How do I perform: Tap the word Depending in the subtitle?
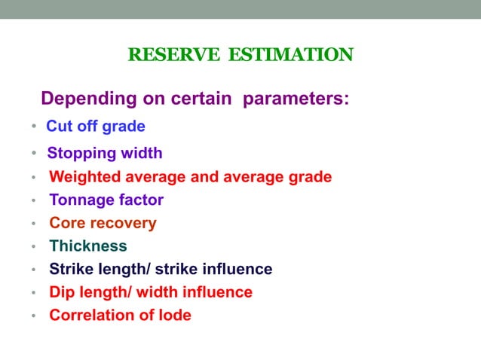[x=86, y=99]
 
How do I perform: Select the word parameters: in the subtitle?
[x=296, y=99]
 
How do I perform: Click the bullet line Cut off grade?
[x=96, y=126]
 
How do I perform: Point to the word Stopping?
[x=79, y=154]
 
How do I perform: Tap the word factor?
[x=139, y=200]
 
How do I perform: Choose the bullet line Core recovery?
[x=103, y=224]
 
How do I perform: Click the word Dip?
[x=62, y=292]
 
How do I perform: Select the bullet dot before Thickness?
[x=35, y=247]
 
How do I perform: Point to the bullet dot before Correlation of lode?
[x=35, y=316]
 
